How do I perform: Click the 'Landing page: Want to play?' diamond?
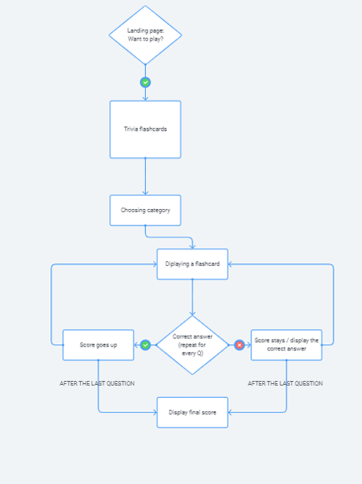pyautogui.click(x=145, y=35)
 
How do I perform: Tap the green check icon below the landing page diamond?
pyautogui.click(x=145, y=82)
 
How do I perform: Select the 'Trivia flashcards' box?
pyautogui.click(x=145, y=129)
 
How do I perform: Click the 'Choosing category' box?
pyautogui.click(x=145, y=210)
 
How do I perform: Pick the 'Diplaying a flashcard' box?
pyautogui.click(x=192, y=264)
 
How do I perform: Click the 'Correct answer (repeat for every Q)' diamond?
pyautogui.click(x=192, y=345)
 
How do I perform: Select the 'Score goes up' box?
pyautogui.click(x=99, y=345)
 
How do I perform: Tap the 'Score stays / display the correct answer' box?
pyautogui.click(x=286, y=345)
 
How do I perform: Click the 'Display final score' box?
pyautogui.click(x=192, y=412)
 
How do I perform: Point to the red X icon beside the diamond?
pyautogui.click(x=239, y=345)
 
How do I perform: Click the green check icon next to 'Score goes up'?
pyautogui.click(x=145, y=345)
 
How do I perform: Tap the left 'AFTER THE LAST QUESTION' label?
pyautogui.click(x=97, y=383)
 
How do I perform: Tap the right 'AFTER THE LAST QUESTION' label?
pyautogui.click(x=285, y=383)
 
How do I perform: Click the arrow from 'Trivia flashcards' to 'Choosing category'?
pyautogui.click(x=145, y=177)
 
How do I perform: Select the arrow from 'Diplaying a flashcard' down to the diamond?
pyautogui.click(x=192, y=298)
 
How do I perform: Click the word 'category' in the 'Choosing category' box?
pyautogui.click(x=157, y=210)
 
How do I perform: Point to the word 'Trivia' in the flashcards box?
pyautogui.click(x=132, y=129)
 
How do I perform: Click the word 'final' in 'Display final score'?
pyautogui.click(x=195, y=412)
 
